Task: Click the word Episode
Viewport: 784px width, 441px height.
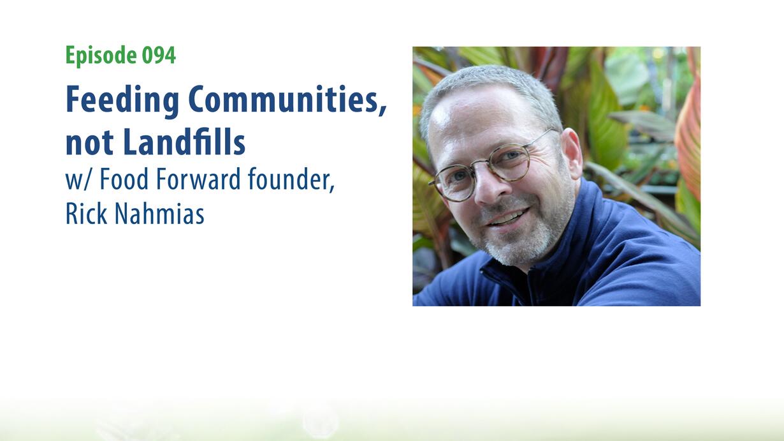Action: coord(101,56)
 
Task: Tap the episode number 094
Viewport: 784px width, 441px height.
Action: coord(159,55)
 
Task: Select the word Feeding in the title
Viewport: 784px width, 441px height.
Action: coord(122,101)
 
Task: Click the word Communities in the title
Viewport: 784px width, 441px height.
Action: coord(287,100)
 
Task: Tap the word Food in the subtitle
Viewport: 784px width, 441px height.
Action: coord(124,179)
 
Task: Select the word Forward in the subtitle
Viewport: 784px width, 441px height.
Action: coord(198,179)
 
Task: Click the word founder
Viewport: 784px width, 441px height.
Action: coord(291,179)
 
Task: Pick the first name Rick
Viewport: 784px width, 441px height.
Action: coord(86,214)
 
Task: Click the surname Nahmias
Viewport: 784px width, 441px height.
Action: coord(159,214)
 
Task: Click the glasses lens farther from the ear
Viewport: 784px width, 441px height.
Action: coord(456,183)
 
